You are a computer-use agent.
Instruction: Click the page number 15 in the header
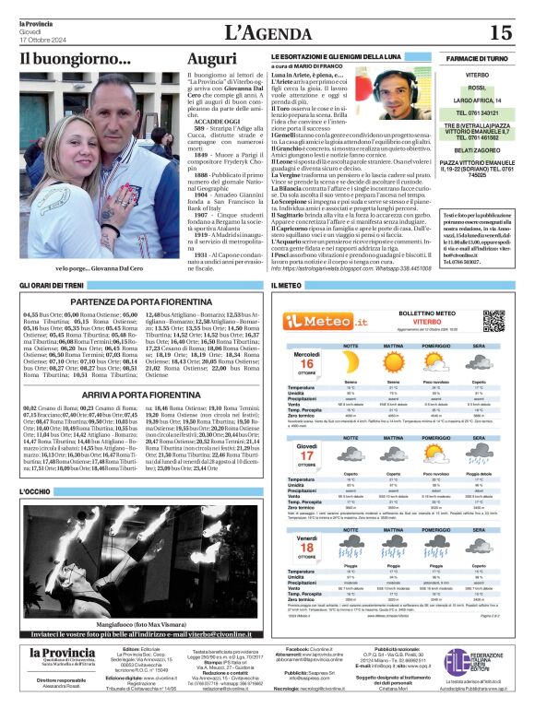(500, 32)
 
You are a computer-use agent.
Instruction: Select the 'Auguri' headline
(211, 60)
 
